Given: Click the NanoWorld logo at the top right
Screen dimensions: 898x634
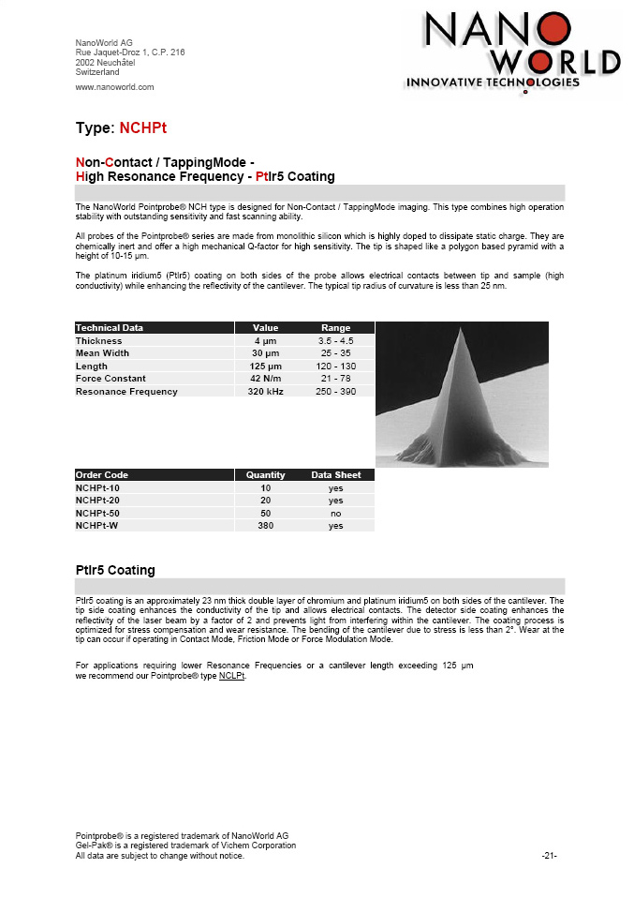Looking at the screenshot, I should pyautogui.click(x=512, y=52).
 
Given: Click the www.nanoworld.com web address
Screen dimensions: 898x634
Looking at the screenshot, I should pyautogui.click(x=114, y=87).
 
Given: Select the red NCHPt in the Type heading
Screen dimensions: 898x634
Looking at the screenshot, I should pyautogui.click(x=143, y=127).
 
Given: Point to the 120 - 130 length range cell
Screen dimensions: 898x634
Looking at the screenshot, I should pyautogui.click(x=335, y=367).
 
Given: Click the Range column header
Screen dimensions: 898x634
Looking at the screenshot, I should pyautogui.click(x=335, y=328).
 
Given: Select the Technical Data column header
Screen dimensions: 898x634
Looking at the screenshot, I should pyautogui.click(x=110, y=328).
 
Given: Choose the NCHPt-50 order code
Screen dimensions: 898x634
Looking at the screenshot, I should pyautogui.click(x=97, y=514).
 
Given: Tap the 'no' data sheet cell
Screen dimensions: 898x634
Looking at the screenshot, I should pyautogui.click(x=335, y=514).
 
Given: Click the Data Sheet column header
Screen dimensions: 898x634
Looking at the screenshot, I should pyautogui.click(x=335, y=475).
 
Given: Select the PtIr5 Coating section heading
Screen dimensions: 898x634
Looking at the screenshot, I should pyautogui.click(x=115, y=570).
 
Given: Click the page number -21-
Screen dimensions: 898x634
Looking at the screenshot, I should pyautogui.click(x=550, y=856).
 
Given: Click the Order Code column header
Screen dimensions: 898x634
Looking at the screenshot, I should pyautogui.click(x=102, y=475).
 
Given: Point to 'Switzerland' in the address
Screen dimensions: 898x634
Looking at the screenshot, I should pyautogui.click(x=97, y=72).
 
